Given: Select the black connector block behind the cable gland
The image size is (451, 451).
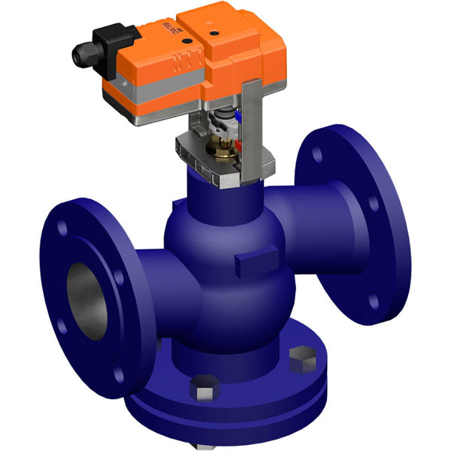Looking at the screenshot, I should coord(111,40).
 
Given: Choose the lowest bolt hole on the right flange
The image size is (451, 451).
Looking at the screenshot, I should coord(374,301).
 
